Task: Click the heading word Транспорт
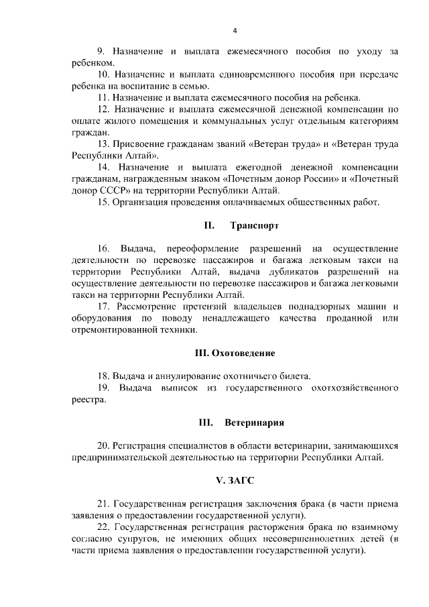[254, 226]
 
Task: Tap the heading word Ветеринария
[254, 423]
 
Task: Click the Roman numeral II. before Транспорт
[208, 226]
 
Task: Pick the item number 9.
[101, 50]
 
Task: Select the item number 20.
[103, 445]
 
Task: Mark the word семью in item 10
[194, 86]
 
